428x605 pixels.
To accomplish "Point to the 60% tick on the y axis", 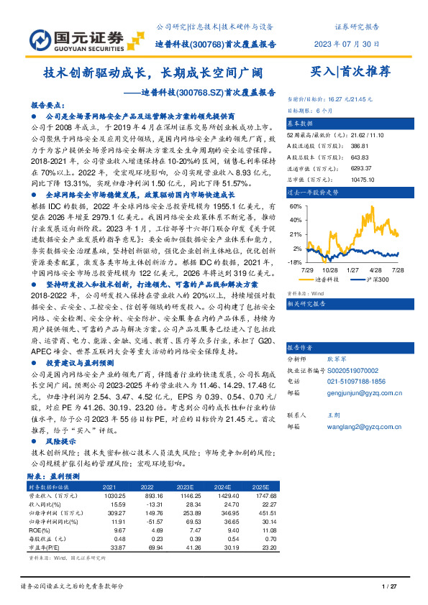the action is pyautogui.click(x=295, y=205).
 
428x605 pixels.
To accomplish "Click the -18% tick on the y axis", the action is pyautogui.click(x=294, y=262).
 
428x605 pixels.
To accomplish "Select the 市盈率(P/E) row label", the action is pyautogui.click(x=45, y=546).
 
